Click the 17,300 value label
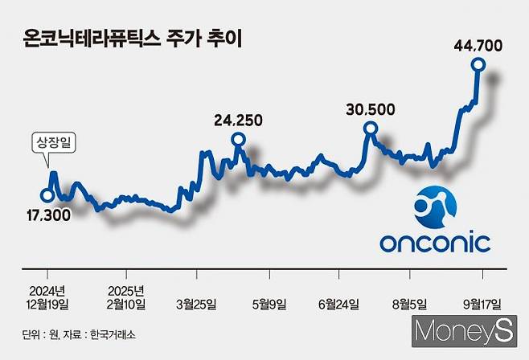(x=47, y=215)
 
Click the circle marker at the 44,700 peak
(x=478, y=65)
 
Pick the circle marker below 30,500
(x=371, y=129)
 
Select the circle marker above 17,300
(x=47, y=194)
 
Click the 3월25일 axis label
(x=195, y=304)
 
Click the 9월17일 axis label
(x=481, y=304)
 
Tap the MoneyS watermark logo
(x=464, y=329)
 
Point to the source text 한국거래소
(x=117, y=333)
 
